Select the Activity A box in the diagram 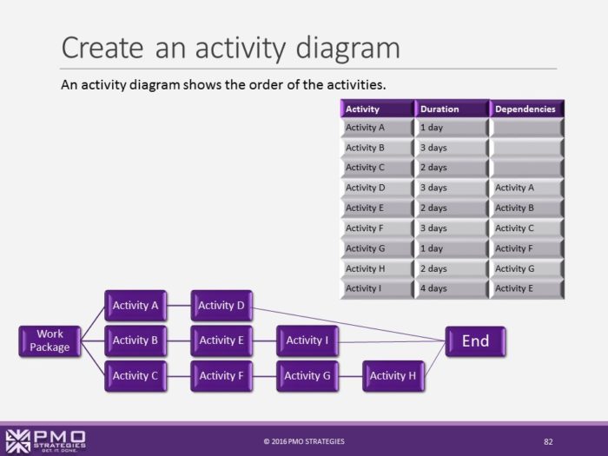135,306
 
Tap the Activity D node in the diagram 221,306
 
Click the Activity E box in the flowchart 221,340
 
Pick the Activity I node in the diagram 307,340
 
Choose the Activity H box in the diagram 393,375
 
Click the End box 475,340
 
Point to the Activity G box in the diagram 307,375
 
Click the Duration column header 452,109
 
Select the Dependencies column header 526,109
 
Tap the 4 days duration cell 452,288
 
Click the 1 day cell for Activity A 452,128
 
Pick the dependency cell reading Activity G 526,268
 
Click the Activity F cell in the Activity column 377,228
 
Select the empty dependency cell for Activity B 526,148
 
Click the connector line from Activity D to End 347,322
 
